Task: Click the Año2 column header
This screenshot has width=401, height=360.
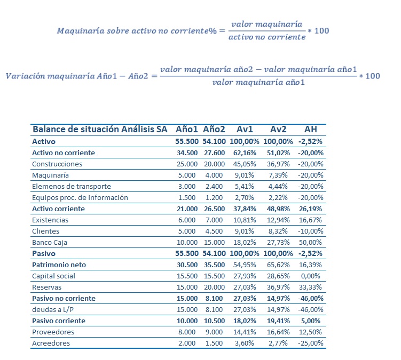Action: pos(214,130)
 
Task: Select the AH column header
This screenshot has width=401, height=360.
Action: pos(310,130)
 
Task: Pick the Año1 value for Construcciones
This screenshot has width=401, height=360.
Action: pos(187,164)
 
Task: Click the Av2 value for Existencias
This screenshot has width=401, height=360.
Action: pos(278,220)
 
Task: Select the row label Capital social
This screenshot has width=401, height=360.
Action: pos(53,276)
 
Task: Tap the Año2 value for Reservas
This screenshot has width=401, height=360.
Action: pos(215,287)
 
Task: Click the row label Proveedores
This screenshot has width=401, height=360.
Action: pos(53,332)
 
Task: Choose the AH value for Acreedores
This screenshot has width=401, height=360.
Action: pos(310,343)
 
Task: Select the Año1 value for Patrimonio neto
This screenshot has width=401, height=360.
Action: pos(187,265)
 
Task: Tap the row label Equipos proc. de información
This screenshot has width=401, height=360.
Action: pos(80,197)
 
